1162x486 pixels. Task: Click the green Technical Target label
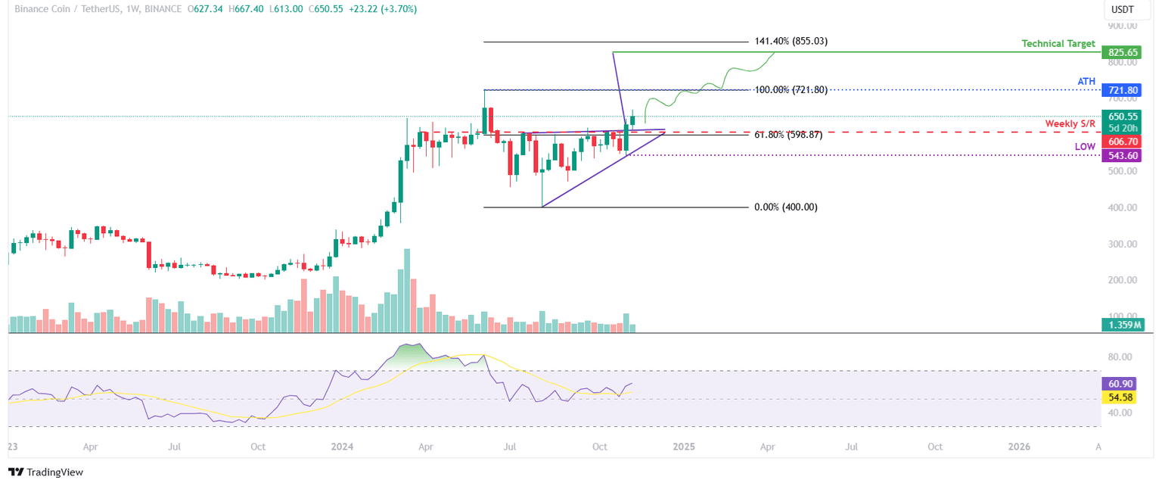point(1058,44)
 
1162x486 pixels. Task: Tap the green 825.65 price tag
point(1123,53)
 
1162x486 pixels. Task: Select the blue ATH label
point(1086,80)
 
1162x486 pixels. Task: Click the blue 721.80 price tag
point(1123,90)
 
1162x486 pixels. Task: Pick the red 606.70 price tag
point(1123,142)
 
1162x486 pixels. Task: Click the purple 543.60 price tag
point(1123,155)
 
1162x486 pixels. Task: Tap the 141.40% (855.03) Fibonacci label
point(791,42)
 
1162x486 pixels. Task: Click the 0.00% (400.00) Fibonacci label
point(786,207)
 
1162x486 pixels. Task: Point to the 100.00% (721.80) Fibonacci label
point(791,90)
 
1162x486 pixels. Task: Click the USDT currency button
point(1122,10)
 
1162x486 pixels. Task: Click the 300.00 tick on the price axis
point(1122,244)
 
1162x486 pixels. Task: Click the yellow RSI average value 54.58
point(1123,397)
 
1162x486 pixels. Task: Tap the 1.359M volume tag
point(1123,326)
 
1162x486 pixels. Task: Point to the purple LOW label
point(1085,146)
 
